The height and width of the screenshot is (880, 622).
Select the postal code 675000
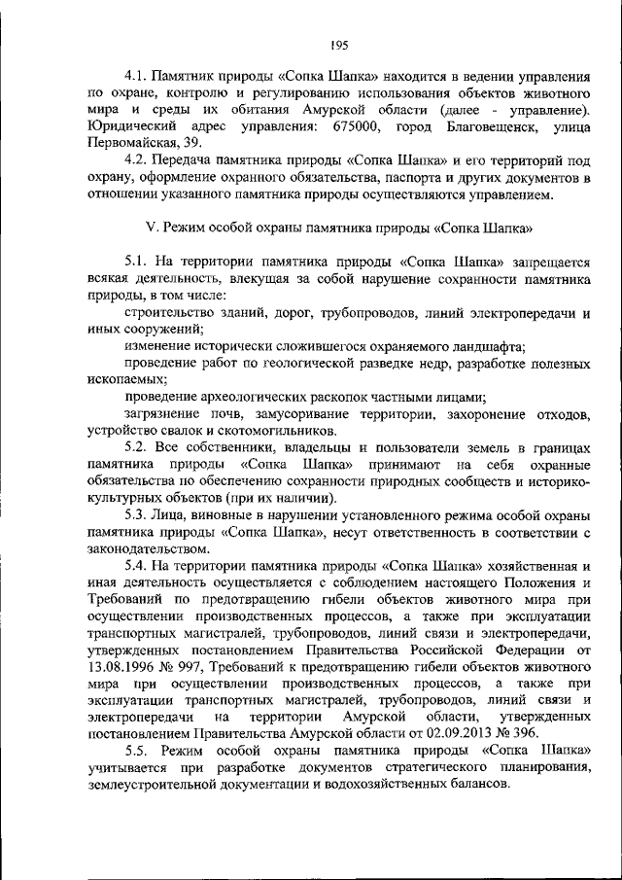tap(359, 128)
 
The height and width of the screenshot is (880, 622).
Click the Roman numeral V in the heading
tap(148, 230)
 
